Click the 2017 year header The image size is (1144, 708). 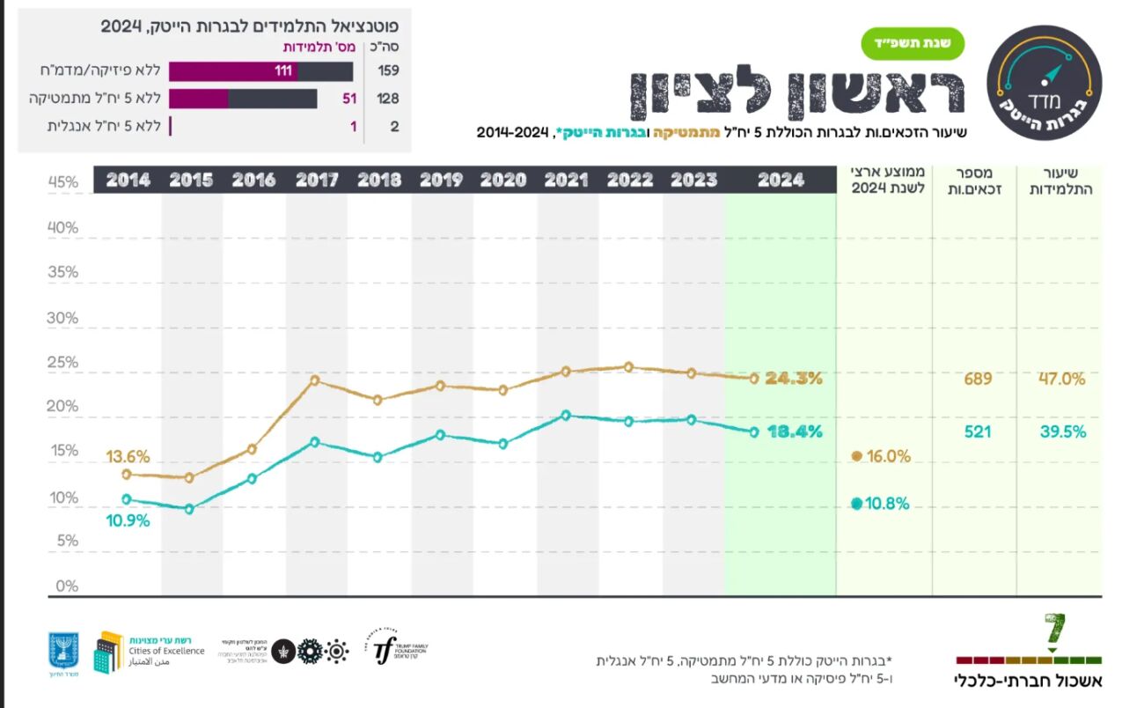(317, 180)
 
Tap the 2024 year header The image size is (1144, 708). (780, 180)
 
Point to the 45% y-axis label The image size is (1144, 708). (62, 182)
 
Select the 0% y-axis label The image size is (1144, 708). (66, 586)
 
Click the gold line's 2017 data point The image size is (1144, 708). (314, 380)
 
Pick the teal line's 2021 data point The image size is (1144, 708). (566, 415)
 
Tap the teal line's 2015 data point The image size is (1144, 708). (188, 509)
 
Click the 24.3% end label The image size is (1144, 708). (793, 379)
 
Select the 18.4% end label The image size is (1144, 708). (793, 431)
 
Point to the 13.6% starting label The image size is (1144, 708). (128, 457)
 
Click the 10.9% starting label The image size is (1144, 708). (128, 520)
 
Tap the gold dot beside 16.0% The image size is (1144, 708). (856, 456)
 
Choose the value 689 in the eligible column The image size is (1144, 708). (977, 379)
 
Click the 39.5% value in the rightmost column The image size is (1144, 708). (1062, 431)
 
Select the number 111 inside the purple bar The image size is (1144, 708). (282, 71)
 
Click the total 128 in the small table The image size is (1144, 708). (388, 99)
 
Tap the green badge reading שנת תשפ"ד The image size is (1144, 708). (913, 43)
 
